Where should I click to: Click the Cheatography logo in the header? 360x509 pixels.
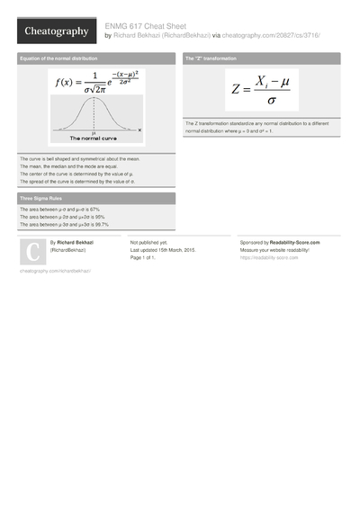point(56,31)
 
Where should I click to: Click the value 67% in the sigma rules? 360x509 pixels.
point(94,210)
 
